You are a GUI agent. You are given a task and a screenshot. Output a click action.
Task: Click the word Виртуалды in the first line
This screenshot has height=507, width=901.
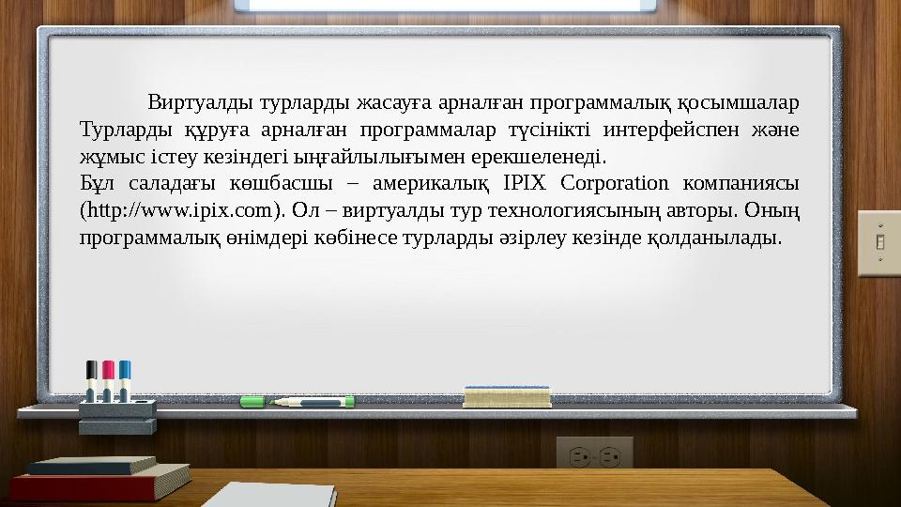(200, 102)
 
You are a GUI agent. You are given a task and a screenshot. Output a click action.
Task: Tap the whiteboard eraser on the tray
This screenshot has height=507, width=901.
(508, 395)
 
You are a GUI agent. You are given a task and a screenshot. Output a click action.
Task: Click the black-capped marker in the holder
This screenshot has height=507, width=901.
(92, 379)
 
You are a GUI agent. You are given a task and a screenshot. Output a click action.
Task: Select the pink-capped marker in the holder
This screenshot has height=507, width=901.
(108, 379)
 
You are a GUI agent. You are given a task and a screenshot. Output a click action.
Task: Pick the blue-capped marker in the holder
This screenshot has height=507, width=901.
(125, 379)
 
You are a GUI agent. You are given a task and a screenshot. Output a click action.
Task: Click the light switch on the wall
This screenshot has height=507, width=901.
(879, 242)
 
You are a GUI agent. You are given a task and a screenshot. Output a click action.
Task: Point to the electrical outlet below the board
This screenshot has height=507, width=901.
(594, 454)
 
